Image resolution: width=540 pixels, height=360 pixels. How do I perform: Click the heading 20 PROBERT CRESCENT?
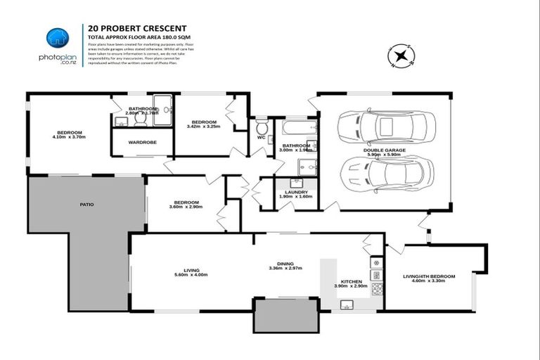point(131,29)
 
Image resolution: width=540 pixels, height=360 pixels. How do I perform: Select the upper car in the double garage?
point(386,127)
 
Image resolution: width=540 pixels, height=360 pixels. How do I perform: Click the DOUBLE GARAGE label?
point(382,151)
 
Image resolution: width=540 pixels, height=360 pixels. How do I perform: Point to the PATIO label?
point(86,205)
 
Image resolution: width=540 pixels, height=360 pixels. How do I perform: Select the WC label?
point(262,137)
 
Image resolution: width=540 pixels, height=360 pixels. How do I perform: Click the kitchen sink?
point(346,304)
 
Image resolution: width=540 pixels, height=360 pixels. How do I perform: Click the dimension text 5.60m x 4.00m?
point(191,276)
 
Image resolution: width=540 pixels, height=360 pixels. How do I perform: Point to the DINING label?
point(285,263)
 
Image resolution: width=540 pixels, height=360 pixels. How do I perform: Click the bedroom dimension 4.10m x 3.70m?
point(69,138)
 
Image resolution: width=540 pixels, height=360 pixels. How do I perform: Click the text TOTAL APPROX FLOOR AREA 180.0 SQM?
point(139,36)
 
